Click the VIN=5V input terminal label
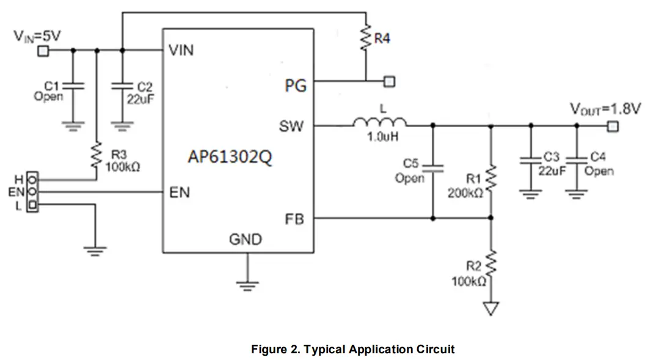pos(37,36)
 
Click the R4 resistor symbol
pos(366,39)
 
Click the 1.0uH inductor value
pos(382,137)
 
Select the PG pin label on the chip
pos(295,86)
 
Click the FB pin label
pos(294,218)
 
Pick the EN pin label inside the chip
pos(180,193)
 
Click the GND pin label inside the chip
pos(245,239)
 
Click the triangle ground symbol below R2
pos(490,309)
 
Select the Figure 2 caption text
pos(353,350)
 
